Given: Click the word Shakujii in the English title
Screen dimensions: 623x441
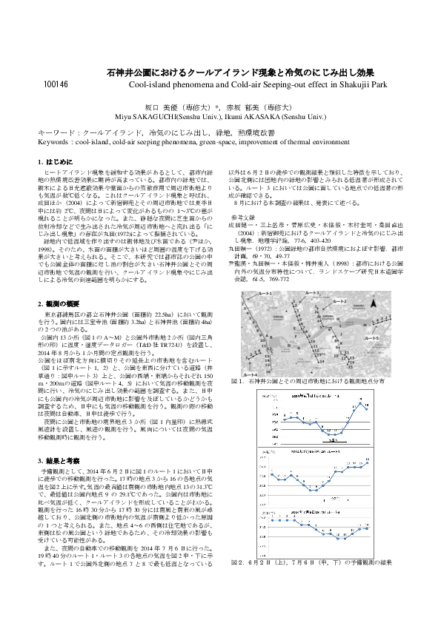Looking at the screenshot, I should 353,85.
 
